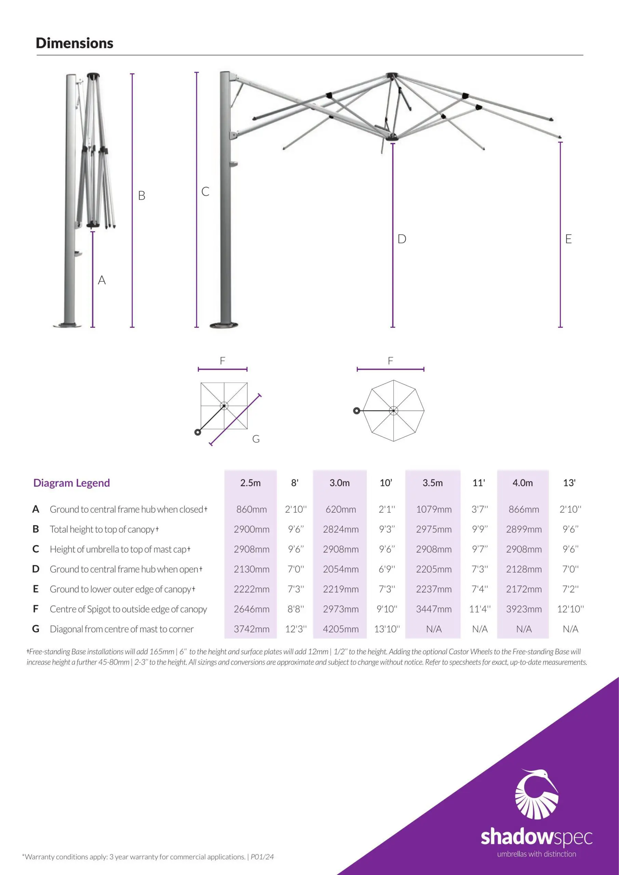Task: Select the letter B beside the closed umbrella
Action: [x=142, y=196]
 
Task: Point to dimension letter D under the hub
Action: [x=402, y=239]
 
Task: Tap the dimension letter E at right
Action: [x=568, y=239]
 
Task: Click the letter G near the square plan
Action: [x=256, y=439]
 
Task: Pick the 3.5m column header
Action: [x=433, y=483]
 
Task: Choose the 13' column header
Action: [x=569, y=483]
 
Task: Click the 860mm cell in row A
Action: [x=251, y=509]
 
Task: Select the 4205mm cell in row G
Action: [x=340, y=629]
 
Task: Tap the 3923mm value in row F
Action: [x=524, y=609]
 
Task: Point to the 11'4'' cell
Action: [x=480, y=609]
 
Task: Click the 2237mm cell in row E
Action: [x=433, y=589]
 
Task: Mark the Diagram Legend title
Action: [x=72, y=483]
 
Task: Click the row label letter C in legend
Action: [x=36, y=549]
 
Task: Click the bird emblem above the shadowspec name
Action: [x=537, y=795]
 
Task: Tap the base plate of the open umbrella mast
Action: [x=224, y=325]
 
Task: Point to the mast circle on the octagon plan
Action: [x=356, y=411]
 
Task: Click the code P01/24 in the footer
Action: [x=262, y=857]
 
